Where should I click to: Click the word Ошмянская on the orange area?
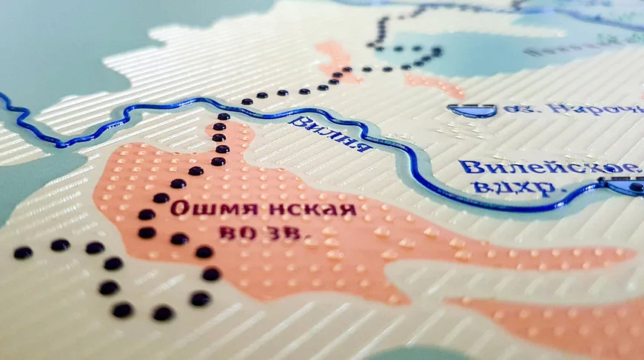tap(264, 209)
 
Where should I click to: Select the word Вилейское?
tap(548, 167)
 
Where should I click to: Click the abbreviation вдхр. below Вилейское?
tap(515, 187)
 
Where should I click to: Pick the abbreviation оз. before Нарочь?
tap(520, 110)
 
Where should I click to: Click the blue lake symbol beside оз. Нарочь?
tap(472, 110)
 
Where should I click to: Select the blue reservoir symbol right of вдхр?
tap(625, 185)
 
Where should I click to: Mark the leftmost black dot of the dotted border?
tap(23, 253)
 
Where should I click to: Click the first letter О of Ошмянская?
tap(178, 208)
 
